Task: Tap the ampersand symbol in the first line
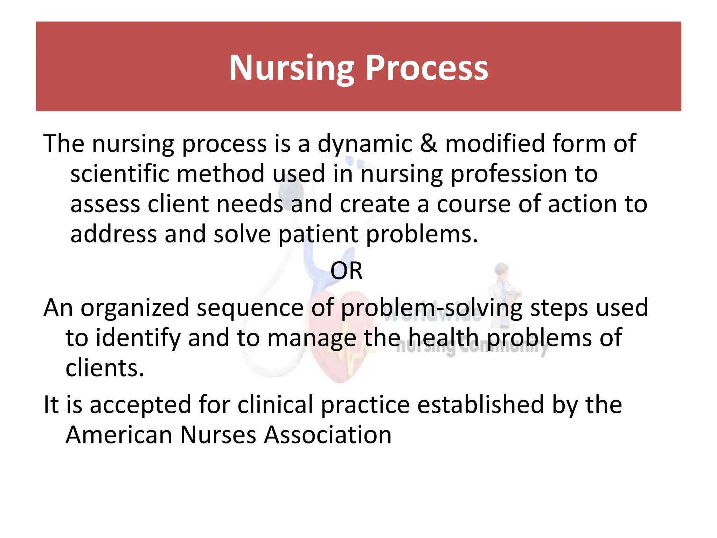(429, 144)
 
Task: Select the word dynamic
(364, 144)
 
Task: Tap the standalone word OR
(347, 271)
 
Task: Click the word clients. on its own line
(105, 368)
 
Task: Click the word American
(119, 435)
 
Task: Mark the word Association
(327, 435)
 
